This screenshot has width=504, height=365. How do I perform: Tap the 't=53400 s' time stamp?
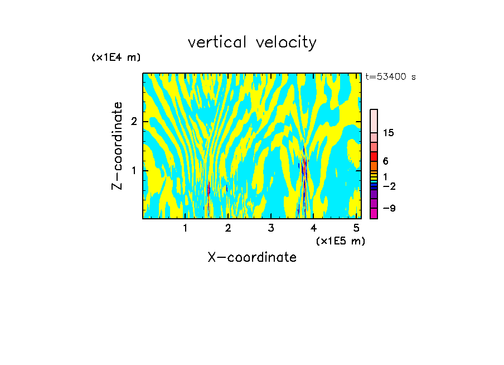pos(391,77)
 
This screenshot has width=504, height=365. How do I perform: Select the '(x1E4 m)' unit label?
pos(116,57)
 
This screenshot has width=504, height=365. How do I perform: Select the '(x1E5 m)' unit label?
pos(340,241)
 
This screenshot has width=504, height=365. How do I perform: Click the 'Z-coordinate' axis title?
pos(117,146)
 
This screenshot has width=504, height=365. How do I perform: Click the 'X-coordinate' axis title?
pos(252,257)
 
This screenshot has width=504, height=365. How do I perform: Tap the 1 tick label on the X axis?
pos(186,228)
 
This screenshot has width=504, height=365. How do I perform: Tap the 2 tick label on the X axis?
pos(228,228)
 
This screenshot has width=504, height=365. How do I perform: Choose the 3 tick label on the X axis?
pos(271,228)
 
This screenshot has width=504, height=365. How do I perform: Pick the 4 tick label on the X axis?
pos(313,228)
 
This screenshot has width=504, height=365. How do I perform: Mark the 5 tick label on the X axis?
pos(356,228)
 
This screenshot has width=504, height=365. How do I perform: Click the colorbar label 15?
pos(389,133)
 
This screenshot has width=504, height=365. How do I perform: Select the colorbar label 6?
pos(385,161)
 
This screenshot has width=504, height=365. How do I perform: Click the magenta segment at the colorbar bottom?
pos(374,213)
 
